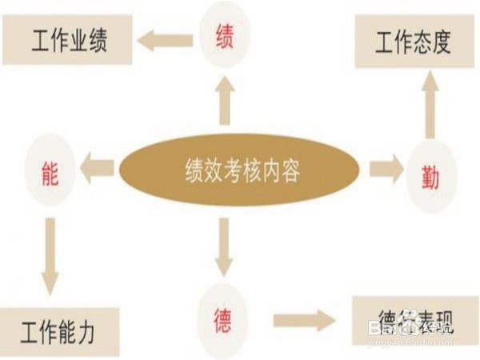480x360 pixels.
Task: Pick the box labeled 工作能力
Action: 59,331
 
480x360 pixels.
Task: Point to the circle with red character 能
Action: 50,170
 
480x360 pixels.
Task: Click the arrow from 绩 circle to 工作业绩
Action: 165,38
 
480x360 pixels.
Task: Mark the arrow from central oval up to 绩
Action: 225,102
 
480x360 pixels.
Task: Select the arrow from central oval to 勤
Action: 386,170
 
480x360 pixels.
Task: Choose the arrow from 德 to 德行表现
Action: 304,321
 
